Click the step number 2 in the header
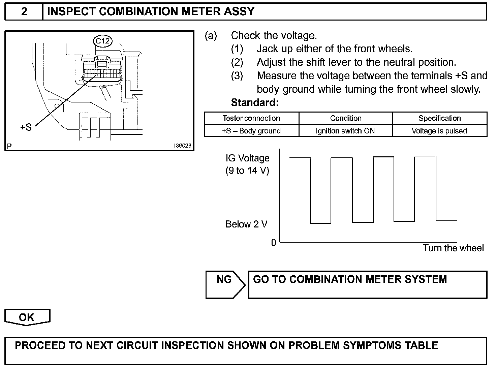pos(24,12)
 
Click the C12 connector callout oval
pos(102,41)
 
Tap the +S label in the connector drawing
pos(26,127)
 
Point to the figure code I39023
pos(183,146)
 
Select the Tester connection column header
pos(251,118)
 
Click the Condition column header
pos(346,118)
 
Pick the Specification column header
pos(439,118)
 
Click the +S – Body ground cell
pos(251,131)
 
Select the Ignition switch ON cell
pos(345,131)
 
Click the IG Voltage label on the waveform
pos(248,158)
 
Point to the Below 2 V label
pos(246,224)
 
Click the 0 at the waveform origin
pos(274,243)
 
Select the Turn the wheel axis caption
pos(453,248)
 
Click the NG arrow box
pos(225,284)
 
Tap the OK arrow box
pos(27,317)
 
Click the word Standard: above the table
pos(255,102)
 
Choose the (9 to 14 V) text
pos(247,171)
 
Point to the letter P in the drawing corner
pos(9,146)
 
